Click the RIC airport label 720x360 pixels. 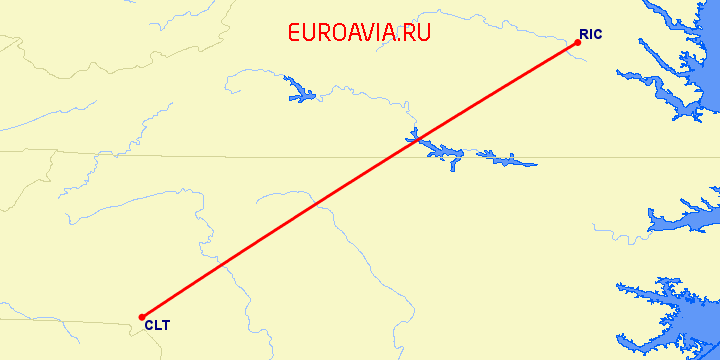[x=590, y=34]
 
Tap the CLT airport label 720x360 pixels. [x=157, y=325]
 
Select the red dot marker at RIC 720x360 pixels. [x=578, y=42]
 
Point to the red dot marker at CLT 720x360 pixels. [x=142, y=317]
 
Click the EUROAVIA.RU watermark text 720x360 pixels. [x=359, y=32]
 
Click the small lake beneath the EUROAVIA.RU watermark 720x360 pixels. [x=299, y=92]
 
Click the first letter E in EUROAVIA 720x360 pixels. [x=294, y=32]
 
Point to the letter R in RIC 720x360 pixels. [x=583, y=34]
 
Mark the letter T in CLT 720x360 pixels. [x=165, y=325]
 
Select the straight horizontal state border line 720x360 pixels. [x=250, y=155]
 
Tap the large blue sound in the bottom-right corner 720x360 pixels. [x=690, y=320]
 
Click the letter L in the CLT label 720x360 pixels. [x=157, y=325]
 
